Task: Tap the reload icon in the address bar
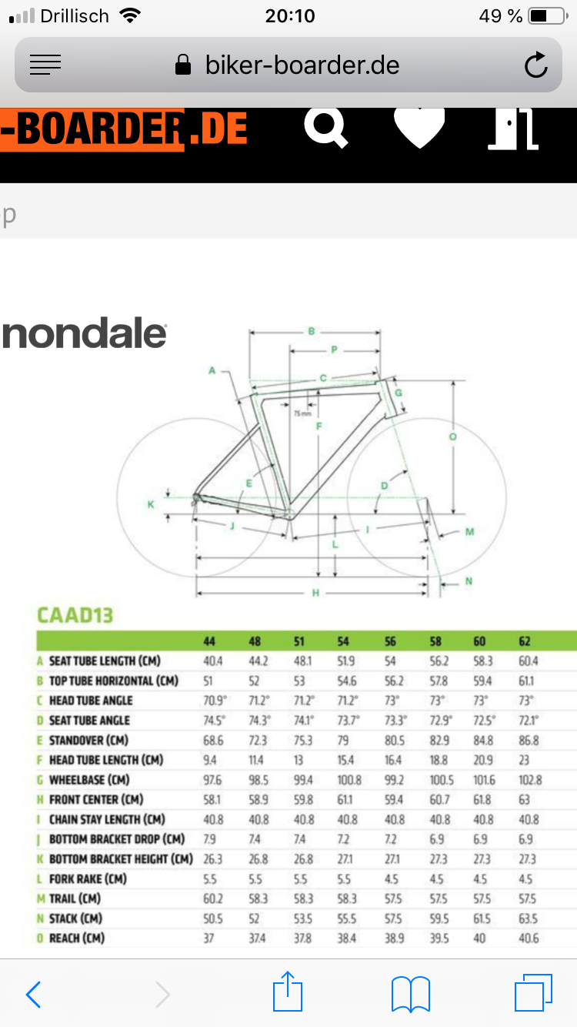(x=535, y=65)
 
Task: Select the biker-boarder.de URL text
(x=302, y=65)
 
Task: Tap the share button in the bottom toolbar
(x=288, y=992)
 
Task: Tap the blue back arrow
(x=33, y=995)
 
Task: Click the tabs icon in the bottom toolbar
(x=533, y=992)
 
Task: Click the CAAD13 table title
(x=75, y=615)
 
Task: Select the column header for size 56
(x=390, y=642)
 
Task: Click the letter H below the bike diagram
(x=315, y=593)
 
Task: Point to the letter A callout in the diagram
(x=212, y=370)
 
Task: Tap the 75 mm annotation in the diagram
(x=303, y=413)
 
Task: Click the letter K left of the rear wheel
(x=151, y=504)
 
